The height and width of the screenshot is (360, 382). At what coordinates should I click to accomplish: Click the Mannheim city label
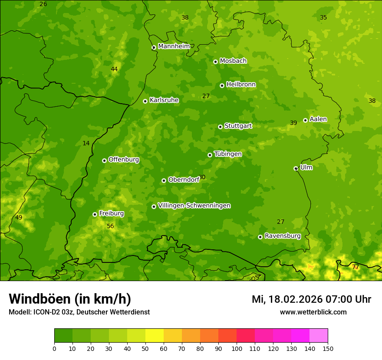(174, 46)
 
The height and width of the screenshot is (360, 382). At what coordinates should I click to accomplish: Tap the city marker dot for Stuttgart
(220, 127)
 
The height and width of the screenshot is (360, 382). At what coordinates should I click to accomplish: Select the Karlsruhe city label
(164, 100)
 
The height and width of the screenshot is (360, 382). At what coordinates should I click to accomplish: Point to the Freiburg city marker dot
(95, 214)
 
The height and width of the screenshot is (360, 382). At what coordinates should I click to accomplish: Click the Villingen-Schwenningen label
(194, 206)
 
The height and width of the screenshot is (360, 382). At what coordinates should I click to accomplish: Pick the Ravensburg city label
(282, 236)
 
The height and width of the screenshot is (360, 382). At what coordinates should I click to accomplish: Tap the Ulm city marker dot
(296, 168)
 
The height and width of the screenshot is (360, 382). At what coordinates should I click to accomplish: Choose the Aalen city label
(318, 119)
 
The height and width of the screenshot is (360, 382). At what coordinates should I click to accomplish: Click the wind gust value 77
(355, 267)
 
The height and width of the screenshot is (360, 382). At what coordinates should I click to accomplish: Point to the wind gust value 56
(110, 226)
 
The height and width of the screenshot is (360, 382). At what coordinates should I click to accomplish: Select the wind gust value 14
(86, 144)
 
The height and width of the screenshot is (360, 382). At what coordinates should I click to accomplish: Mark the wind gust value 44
(114, 69)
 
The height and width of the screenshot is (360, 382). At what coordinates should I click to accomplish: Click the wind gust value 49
(19, 218)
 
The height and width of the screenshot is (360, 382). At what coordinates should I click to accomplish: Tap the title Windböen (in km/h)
(70, 299)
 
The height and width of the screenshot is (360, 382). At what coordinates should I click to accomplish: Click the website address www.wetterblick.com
(313, 312)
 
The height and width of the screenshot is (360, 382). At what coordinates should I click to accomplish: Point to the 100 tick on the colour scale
(237, 348)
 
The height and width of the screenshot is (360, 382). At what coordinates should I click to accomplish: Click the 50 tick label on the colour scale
(145, 348)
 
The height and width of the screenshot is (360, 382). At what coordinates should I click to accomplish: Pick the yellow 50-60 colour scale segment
(155, 336)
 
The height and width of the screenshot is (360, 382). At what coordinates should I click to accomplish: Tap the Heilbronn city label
(240, 85)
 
